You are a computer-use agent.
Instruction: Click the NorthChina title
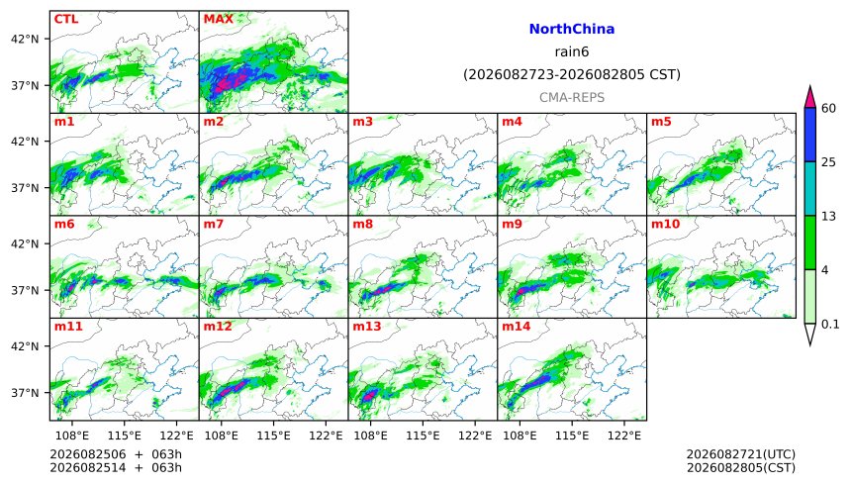coord(572,30)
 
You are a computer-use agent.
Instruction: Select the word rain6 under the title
coord(572,52)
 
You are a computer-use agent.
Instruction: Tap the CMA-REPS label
coord(572,98)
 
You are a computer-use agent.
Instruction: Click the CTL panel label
coord(65,19)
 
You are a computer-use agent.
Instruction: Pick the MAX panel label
coord(218,19)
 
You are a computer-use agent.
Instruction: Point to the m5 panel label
coord(661,122)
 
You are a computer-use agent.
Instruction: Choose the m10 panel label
coord(665,224)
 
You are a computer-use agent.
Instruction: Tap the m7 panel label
coord(214,224)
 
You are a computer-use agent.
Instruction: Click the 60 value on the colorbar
coord(828,109)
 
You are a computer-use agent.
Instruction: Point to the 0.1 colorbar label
coord(830,325)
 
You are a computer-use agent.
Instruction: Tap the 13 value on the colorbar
coord(828,216)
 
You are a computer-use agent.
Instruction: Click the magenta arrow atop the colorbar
coord(810,97)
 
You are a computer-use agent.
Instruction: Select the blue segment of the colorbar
coord(810,135)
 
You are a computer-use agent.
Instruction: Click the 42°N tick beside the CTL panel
coord(25,40)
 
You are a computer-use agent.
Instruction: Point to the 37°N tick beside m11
coord(25,393)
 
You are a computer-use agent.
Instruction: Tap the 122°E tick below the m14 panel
coord(623,436)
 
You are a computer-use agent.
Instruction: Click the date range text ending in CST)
coord(572,74)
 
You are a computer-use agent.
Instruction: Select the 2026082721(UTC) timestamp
coord(741,454)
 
